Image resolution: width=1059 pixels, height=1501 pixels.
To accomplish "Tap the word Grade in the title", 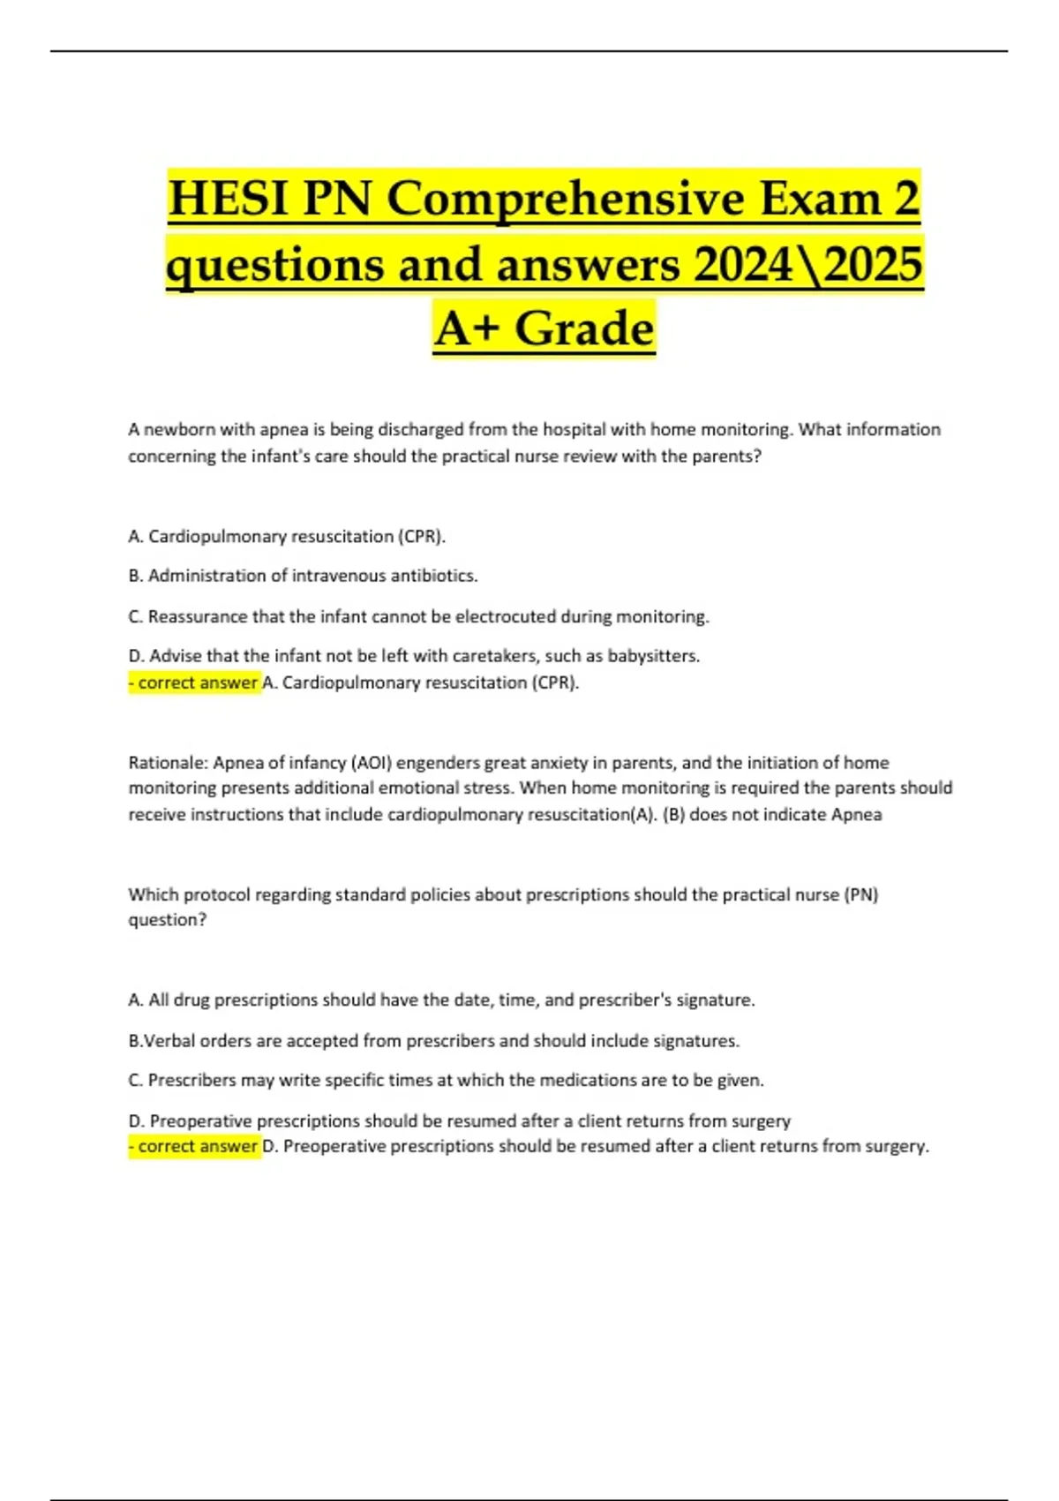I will (x=584, y=329).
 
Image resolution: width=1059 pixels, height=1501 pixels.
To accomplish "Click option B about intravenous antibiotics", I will (x=303, y=576).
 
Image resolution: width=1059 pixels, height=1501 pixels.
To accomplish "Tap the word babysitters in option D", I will (x=653, y=656).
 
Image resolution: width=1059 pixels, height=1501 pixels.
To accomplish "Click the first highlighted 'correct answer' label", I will (x=195, y=683).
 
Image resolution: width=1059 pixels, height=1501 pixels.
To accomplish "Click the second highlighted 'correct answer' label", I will (x=195, y=1146).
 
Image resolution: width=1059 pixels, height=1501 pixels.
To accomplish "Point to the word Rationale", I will (x=167, y=763).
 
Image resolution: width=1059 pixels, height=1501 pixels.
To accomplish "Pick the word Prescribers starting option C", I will (x=192, y=1080).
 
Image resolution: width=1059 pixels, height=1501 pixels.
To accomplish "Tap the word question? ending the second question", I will (x=168, y=920).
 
